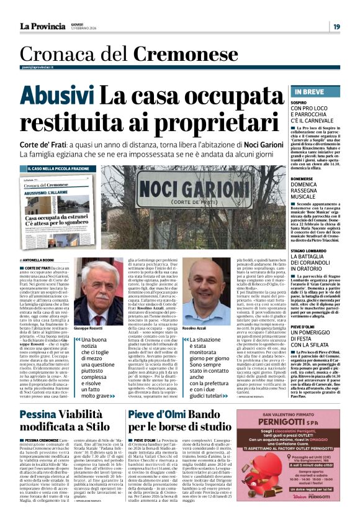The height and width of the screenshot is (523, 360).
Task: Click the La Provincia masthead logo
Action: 42,26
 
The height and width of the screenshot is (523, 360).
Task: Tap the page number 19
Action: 336,26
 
